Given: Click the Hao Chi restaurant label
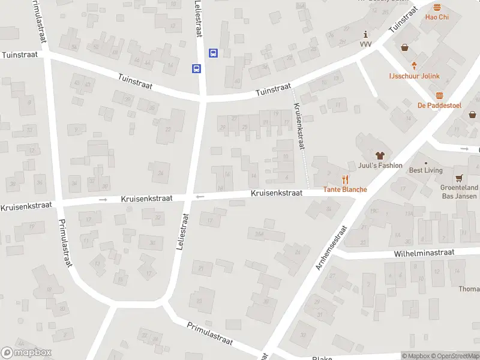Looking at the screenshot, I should [x=437, y=17].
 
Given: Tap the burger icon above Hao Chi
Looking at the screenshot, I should [x=437, y=7].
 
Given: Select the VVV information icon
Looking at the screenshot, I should [x=366, y=35].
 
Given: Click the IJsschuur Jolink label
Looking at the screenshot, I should [x=413, y=76].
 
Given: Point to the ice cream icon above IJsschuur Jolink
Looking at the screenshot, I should [x=413, y=65].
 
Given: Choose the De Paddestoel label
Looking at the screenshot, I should [x=439, y=106].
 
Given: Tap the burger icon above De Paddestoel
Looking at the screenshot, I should [x=439, y=95].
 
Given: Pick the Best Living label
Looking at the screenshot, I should [x=425, y=170].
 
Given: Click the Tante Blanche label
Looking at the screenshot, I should [x=345, y=190].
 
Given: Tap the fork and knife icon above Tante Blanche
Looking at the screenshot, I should [x=345, y=179].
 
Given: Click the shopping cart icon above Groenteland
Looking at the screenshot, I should [x=459, y=178].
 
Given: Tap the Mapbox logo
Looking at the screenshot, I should [x=26, y=353].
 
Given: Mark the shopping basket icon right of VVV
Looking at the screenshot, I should [x=405, y=47].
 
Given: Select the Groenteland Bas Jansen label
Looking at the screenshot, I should [x=459, y=192].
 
